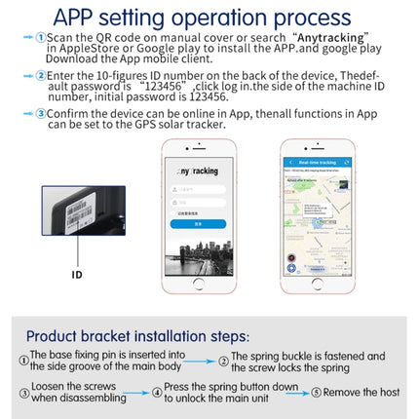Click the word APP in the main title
pos(83,16)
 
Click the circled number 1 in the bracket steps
pos(22,360)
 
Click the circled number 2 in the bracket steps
pos(224,360)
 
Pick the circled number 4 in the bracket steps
pos(157,393)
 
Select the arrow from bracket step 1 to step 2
pos(199,360)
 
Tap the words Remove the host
pos(362,393)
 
